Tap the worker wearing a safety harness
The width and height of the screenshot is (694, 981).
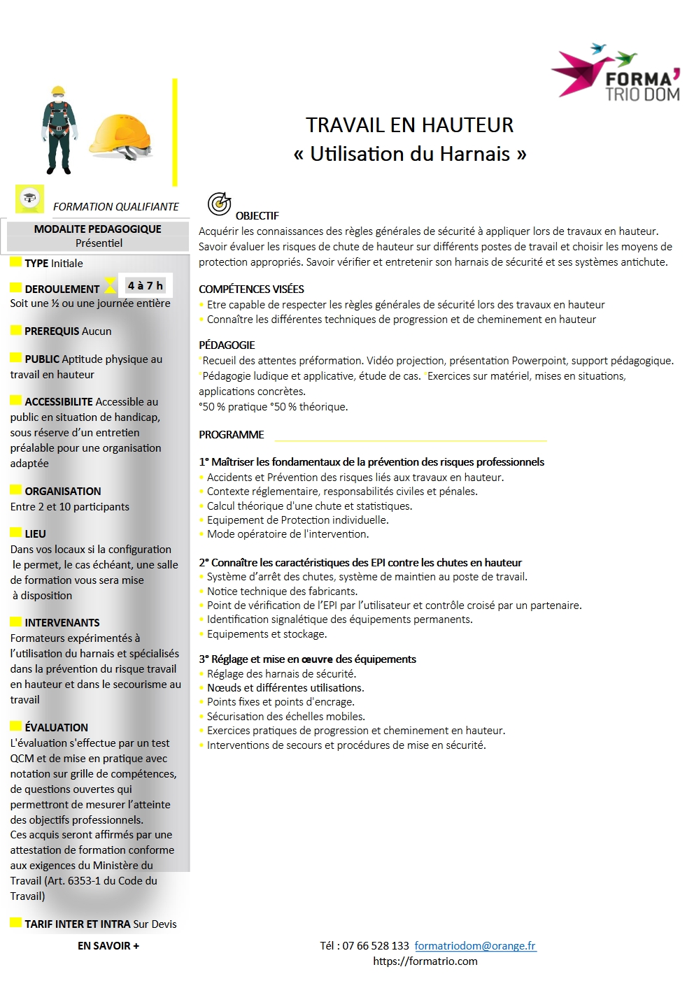click(58, 130)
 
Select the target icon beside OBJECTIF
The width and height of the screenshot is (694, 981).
click(219, 203)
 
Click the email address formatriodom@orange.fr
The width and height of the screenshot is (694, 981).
click(475, 945)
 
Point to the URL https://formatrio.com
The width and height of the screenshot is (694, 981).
click(425, 961)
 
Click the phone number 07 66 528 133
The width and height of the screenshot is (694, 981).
click(376, 945)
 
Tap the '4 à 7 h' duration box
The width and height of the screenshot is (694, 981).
click(145, 285)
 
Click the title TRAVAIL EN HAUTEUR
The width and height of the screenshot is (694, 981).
click(409, 125)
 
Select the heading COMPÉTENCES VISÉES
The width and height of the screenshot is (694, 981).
click(251, 289)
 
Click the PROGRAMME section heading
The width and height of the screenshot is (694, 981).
click(232, 434)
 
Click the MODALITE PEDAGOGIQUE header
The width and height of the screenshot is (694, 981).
click(97, 229)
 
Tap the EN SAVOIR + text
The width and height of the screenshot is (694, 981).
click(108, 945)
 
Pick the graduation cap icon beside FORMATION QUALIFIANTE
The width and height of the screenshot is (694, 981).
click(30, 199)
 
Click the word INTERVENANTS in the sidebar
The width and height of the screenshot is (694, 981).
click(62, 622)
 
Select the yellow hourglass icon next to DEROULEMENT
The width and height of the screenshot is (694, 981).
click(110, 285)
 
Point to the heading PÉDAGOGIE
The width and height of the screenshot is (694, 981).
click(227, 345)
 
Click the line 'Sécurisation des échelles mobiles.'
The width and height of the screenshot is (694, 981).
click(285, 716)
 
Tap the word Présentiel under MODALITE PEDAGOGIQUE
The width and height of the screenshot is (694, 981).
click(99, 243)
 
